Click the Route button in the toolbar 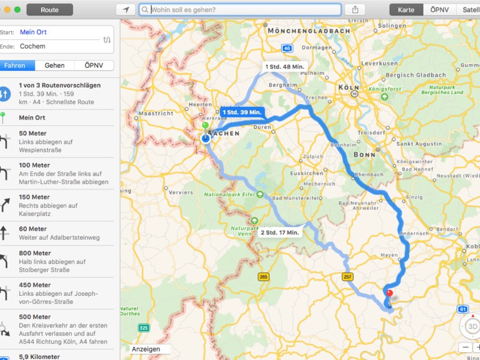(x=49, y=10)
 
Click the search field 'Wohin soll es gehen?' (x=241, y=10)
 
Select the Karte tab (x=406, y=10)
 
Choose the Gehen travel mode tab (x=54, y=65)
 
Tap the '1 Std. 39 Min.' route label (x=242, y=112)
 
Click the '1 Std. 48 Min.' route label (x=284, y=67)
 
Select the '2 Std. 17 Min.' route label (x=280, y=232)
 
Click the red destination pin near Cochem (x=390, y=293)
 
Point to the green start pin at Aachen (x=205, y=126)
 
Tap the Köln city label (x=349, y=87)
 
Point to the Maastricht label (x=155, y=113)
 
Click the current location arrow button (x=126, y=10)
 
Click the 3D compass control (x=472, y=326)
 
